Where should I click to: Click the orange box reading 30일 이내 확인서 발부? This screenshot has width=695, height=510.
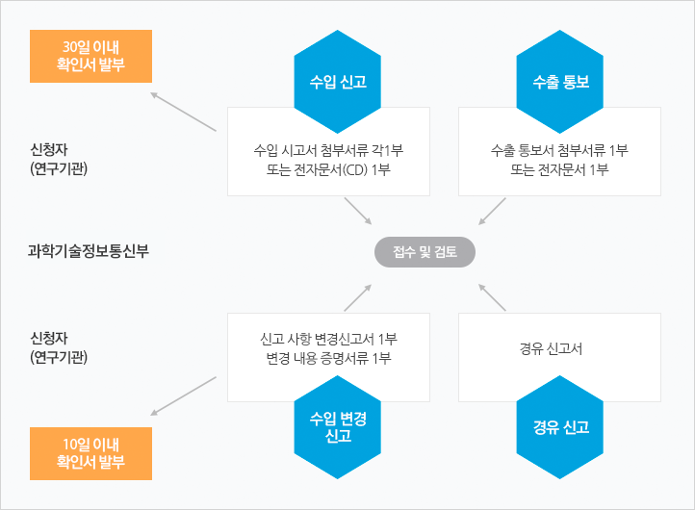pyautogui.click(x=90, y=56)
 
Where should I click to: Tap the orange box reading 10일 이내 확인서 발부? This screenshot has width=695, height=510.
pyautogui.click(x=90, y=453)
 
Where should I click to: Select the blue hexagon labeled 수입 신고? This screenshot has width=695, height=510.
pyautogui.click(x=338, y=82)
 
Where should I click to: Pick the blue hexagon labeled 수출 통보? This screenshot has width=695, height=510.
pyautogui.click(x=560, y=82)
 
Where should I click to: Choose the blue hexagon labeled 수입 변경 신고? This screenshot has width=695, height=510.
pyautogui.click(x=338, y=427)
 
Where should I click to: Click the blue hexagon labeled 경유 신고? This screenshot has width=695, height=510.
pyautogui.click(x=560, y=427)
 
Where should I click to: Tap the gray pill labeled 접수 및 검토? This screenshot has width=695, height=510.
pyautogui.click(x=425, y=252)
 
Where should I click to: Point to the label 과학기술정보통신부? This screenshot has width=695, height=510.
pyautogui.click(x=89, y=251)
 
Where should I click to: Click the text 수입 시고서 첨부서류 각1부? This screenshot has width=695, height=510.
pyautogui.click(x=328, y=150)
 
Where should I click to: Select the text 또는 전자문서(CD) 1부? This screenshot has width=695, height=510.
pyautogui.click(x=328, y=169)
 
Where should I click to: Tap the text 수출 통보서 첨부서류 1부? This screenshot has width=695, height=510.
pyautogui.click(x=559, y=150)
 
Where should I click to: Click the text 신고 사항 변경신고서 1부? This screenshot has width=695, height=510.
pyautogui.click(x=328, y=339)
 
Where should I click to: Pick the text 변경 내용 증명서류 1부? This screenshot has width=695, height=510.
pyautogui.click(x=328, y=358)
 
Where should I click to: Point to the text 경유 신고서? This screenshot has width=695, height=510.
pyautogui.click(x=551, y=348)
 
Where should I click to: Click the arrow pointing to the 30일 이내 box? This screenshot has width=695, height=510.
pyautogui.click(x=183, y=112)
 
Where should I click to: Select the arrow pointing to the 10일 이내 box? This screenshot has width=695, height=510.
pyautogui.click(x=183, y=396)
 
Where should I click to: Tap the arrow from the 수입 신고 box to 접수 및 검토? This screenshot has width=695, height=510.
pyautogui.click(x=358, y=212)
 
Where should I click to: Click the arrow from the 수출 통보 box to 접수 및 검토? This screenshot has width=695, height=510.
pyautogui.click(x=492, y=212)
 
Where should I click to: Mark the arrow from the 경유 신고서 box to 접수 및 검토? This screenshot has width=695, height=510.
pyautogui.click(x=492, y=297)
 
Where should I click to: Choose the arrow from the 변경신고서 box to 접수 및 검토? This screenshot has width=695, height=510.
pyautogui.click(x=358, y=297)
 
